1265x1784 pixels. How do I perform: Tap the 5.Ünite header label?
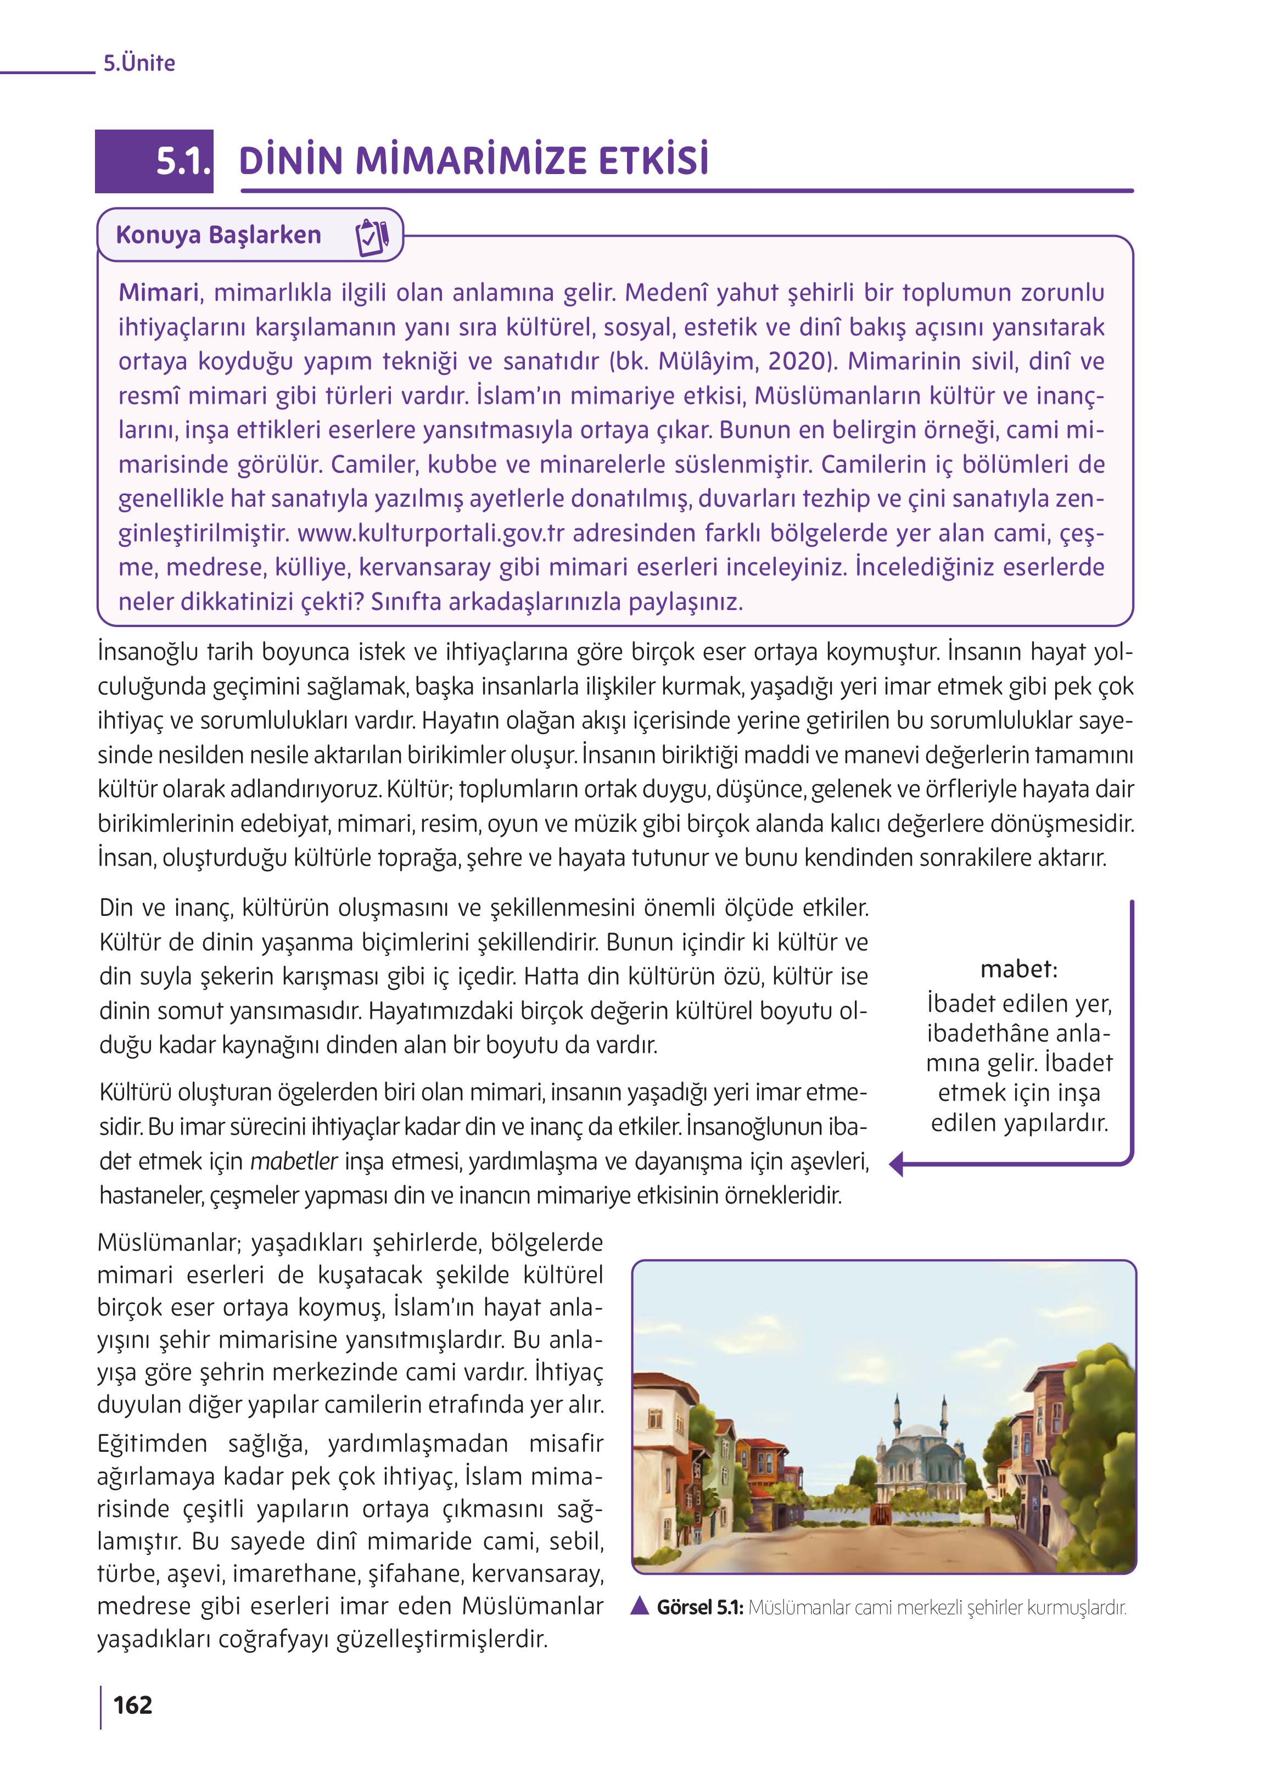point(139,63)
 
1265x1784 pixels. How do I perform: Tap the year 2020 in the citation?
point(796,361)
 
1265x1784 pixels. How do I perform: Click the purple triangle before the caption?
point(640,1607)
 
